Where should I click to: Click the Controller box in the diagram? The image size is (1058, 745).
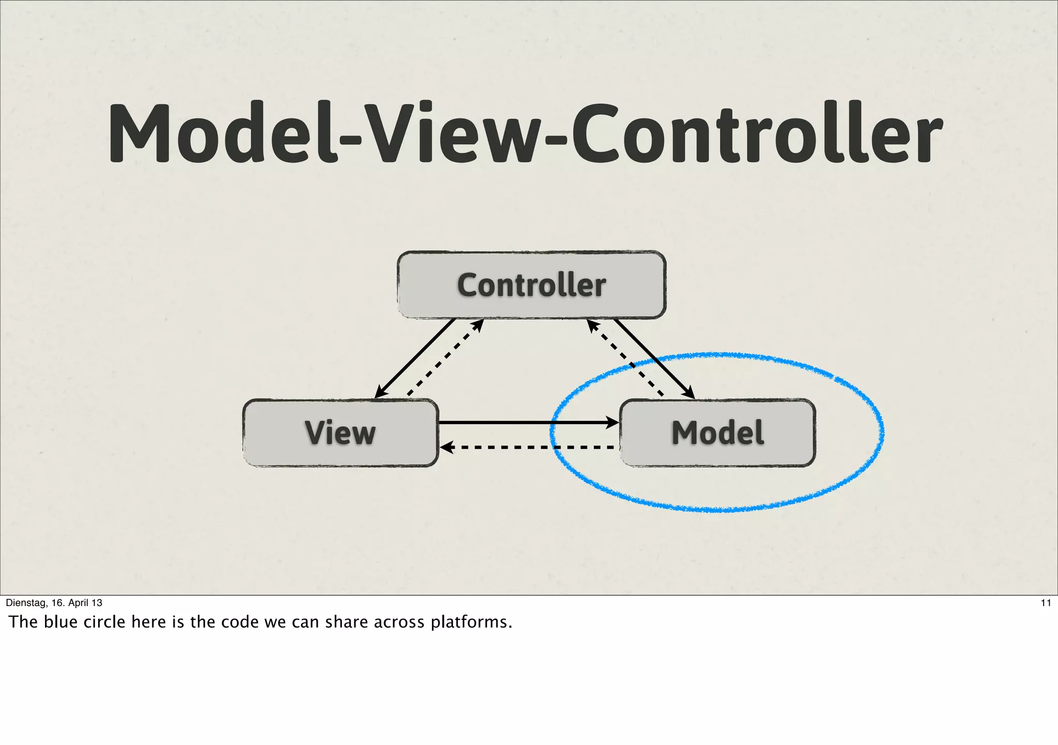[531, 285]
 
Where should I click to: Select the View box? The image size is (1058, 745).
[340, 432]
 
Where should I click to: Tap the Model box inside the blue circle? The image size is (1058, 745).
[717, 432]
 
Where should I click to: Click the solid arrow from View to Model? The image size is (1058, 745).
[527, 423]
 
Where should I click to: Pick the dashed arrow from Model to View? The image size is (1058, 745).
[527, 447]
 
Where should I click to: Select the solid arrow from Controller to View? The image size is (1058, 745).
[416, 358]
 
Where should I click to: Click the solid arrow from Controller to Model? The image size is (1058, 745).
[654, 359]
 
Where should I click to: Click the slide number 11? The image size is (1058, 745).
[1046, 602]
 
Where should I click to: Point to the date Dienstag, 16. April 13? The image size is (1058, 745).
[54, 602]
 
